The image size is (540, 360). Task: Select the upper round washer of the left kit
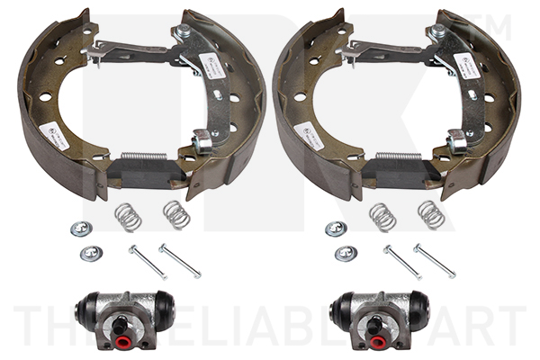[82, 229]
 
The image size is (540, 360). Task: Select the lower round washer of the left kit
[91, 253]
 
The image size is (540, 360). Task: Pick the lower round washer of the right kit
[346, 253]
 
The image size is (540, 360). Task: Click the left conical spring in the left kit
[128, 217]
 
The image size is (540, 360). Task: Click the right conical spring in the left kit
[176, 214]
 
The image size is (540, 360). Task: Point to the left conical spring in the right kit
[382, 217]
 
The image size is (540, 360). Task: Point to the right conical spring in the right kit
[431, 214]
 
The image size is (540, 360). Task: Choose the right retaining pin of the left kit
[180, 260]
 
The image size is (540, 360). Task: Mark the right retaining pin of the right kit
[434, 260]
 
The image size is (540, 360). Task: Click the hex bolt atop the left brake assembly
[183, 31]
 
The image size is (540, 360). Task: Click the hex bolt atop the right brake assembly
[438, 31]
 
